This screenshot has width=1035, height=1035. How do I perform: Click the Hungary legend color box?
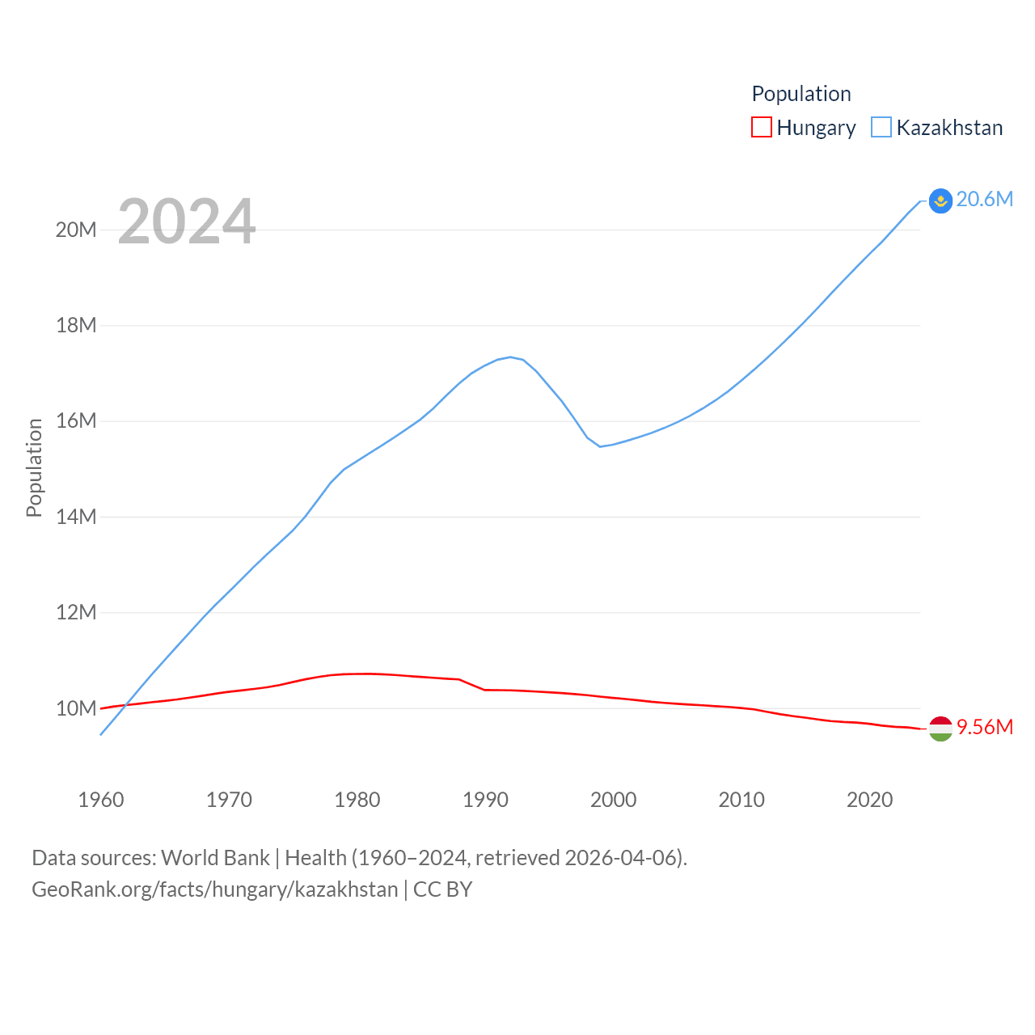762,128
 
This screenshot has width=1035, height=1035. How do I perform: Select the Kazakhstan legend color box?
881,128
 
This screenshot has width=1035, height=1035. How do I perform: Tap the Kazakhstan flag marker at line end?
940,201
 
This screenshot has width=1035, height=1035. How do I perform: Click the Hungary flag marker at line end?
940,729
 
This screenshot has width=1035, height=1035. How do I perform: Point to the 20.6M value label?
985,200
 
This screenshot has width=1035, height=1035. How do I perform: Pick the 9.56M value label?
985,728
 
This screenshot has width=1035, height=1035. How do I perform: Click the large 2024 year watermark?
187,222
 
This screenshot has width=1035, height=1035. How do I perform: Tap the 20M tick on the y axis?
76,230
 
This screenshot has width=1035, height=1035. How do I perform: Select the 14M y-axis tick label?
76,517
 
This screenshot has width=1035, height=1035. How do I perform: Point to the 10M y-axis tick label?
76,709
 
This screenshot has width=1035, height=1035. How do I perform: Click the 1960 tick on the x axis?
101,801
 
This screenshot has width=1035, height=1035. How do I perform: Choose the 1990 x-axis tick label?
485,801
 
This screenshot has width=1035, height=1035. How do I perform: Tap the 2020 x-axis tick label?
869,801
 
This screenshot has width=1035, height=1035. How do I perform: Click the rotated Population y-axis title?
34,467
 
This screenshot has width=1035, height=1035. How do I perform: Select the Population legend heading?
801,94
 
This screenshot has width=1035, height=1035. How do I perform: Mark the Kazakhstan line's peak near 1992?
510,357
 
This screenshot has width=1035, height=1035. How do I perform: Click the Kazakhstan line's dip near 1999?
600,446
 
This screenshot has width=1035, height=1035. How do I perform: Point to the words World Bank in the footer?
215,858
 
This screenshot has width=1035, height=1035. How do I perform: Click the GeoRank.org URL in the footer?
214,890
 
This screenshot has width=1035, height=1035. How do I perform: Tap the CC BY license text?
443,890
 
